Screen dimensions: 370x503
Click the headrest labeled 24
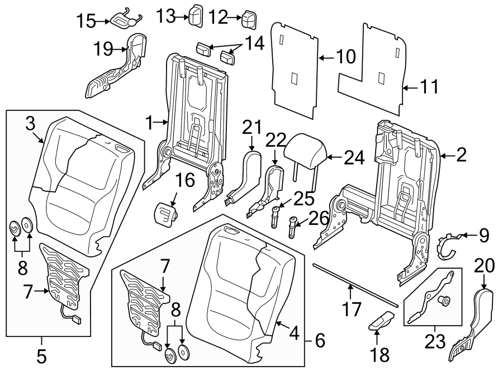[305, 150]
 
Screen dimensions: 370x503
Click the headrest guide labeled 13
[196, 15]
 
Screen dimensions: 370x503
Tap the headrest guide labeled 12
[249, 20]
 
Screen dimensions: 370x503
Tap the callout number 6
[320, 339]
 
